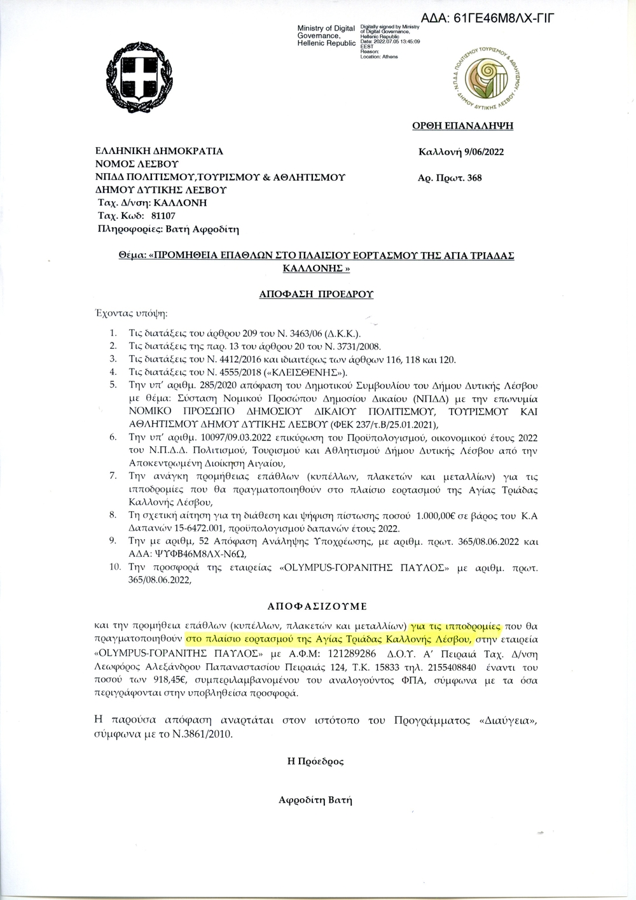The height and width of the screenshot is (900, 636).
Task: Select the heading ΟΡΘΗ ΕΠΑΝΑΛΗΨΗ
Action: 462,126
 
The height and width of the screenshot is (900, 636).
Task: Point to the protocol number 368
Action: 474,178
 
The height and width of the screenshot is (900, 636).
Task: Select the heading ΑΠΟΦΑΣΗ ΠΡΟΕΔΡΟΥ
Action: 316,294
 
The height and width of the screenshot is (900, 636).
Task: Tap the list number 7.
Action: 113,475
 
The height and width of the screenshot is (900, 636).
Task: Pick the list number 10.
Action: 114,566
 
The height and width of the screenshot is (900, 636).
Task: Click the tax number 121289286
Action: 352,654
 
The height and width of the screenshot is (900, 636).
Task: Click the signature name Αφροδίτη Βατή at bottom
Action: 315,800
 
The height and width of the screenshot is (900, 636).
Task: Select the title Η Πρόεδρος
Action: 315,762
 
